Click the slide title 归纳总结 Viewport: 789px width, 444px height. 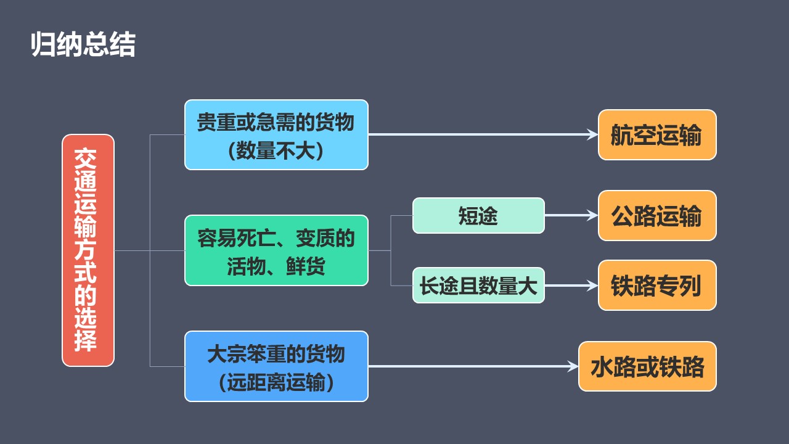point(83,44)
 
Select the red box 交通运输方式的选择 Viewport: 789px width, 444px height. point(88,250)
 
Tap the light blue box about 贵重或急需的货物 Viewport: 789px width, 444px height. point(277,134)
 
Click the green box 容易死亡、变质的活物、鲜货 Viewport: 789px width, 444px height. point(277,250)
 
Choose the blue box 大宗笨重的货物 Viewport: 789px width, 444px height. point(277,366)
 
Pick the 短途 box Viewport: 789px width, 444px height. point(478,215)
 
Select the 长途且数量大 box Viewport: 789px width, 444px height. point(478,285)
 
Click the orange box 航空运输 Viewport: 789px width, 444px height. point(657,134)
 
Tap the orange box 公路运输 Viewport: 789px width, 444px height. point(657,215)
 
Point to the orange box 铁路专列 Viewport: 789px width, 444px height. point(657,285)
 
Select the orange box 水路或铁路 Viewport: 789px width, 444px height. point(647,366)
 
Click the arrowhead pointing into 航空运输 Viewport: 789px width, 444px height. point(592,134)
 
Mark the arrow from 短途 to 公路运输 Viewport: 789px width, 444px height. point(571,215)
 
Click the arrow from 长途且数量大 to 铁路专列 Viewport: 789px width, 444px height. point(571,285)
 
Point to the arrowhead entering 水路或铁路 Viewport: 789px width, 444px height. point(573,366)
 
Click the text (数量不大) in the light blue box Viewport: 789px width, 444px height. point(276,151)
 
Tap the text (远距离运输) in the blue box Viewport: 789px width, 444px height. point(276,382)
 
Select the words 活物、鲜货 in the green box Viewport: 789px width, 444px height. point(276,266)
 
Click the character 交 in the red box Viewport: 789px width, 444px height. point(85,159)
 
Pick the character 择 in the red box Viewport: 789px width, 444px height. point(85,340)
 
